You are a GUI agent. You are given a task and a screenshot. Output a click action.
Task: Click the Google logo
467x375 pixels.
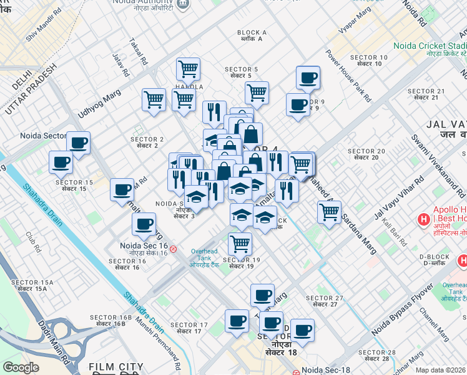click(x=21, y=367)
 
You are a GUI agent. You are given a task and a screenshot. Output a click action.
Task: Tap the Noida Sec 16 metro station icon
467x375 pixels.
click(x=173, y=249)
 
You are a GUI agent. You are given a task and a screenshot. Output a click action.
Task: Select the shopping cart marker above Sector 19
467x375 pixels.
click(x=240, y=242)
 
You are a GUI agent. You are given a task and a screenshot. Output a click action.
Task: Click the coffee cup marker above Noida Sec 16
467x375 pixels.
click(x=144, y=224)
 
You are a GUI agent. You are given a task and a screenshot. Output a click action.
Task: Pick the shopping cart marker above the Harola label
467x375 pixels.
click(x=188, y=68)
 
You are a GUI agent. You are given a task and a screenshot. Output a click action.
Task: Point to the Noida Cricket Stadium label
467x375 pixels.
click(x=430, y=46)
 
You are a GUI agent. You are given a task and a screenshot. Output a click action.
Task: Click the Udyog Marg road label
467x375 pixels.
click(x=98, y=102)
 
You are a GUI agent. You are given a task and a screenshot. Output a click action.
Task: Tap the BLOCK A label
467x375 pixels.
click(x=252, y=36)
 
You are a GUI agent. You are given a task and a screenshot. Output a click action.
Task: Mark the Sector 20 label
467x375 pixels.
click(x=366, y=154)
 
